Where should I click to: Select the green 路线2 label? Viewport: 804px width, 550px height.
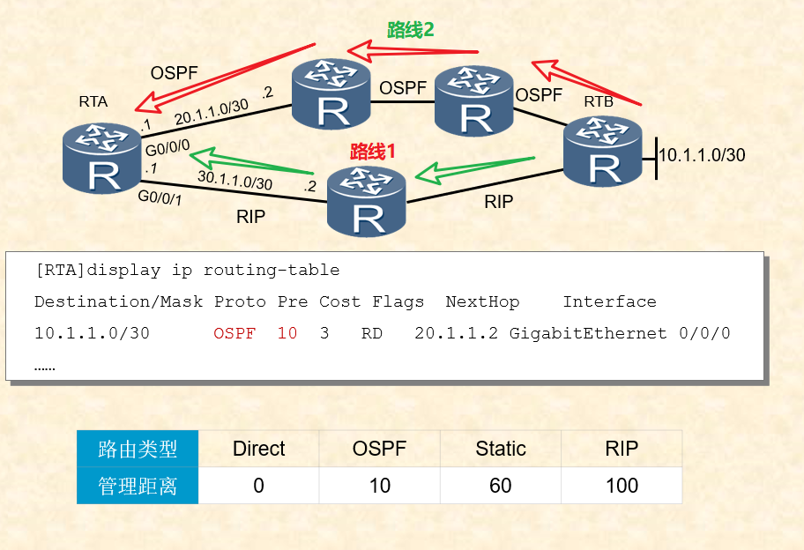[411, 31]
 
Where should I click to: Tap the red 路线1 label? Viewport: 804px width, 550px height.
[373, 151]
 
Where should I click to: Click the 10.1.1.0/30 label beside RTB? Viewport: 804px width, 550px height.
[703, 156]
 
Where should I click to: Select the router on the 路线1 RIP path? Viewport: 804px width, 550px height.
[367, 201]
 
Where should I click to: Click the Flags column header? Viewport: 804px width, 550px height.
[398, 301]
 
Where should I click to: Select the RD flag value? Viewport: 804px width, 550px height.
[372, 334]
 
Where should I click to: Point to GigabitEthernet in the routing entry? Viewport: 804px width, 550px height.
[588, 334]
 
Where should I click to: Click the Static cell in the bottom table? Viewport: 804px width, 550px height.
[501, 449]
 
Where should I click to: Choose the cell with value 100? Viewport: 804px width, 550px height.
[622, 486]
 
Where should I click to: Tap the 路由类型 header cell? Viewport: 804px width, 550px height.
[138, 449]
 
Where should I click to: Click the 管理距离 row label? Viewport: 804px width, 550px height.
[138, 486]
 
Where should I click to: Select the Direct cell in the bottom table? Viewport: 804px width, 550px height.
[258, 449]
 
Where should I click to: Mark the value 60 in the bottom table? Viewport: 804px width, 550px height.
[501, 486]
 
